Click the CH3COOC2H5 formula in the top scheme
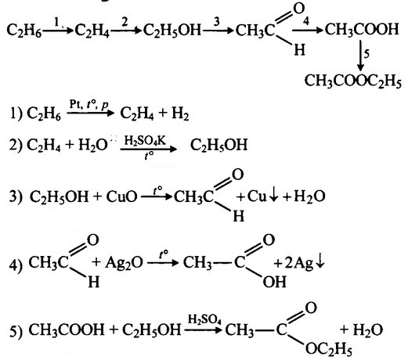(x=352, y=81)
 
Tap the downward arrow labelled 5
(x=360, y=56)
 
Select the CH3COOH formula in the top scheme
(x=362, y=29)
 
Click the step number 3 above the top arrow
(x=216, y=22)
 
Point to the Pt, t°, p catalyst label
(x=88, y=105)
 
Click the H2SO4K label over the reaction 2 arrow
(x=145, y=141)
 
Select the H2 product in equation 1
(x=180, y=113)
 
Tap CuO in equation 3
(x=121, y=196)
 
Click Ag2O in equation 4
(x=124, y=263)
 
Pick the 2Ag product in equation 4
(x=299, y=263)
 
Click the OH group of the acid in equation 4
(x=274, y=282)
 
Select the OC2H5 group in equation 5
(x=328, y=348)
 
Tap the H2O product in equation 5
(x=368, y=329)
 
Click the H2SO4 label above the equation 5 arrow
(x=204, y=319)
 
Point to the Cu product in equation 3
(x=257, y=196)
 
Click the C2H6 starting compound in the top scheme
(x=23, y=30)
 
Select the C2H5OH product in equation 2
(x=218, y=145)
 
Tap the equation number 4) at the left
(x=16, y=265)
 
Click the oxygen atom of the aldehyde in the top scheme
(x=299, y=9)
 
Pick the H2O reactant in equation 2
(x=93, y=145)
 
